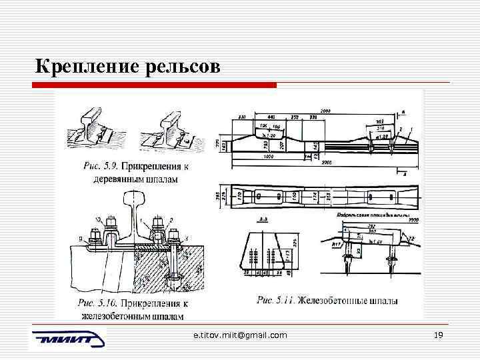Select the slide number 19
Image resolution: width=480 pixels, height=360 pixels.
[438, 335]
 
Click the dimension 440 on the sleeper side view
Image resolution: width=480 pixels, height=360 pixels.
[272, 117]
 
